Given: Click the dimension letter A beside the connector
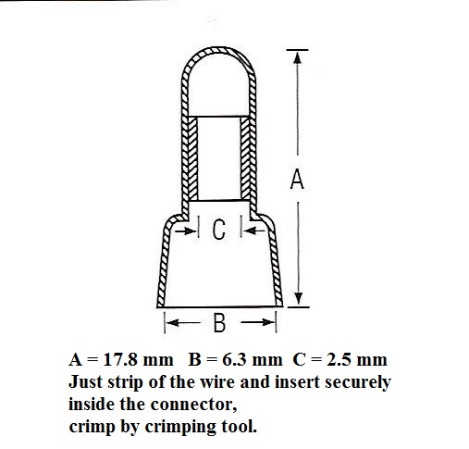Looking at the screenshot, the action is pos(297,179).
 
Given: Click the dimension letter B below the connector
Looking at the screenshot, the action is pos(219,322).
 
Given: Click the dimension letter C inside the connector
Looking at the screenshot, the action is pos(219,230).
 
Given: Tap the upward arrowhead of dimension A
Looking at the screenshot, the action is pos(297,57).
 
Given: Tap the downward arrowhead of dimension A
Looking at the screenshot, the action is pos(298,298).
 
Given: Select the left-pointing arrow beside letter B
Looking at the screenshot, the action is pos(183,323).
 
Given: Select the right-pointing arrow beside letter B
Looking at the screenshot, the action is pos(257,322).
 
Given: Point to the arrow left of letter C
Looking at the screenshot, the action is pos(185,231).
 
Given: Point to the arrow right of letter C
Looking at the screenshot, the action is pos(254,231).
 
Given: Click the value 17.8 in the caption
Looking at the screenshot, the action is pos(120,359).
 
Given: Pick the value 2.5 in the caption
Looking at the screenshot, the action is pos(339,359).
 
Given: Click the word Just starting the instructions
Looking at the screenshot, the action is pos(85,382).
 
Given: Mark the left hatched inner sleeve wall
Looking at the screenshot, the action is pos(192,158).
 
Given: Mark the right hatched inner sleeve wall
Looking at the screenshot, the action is pos(245,158).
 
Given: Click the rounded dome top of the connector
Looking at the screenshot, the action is pos(219,49).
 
